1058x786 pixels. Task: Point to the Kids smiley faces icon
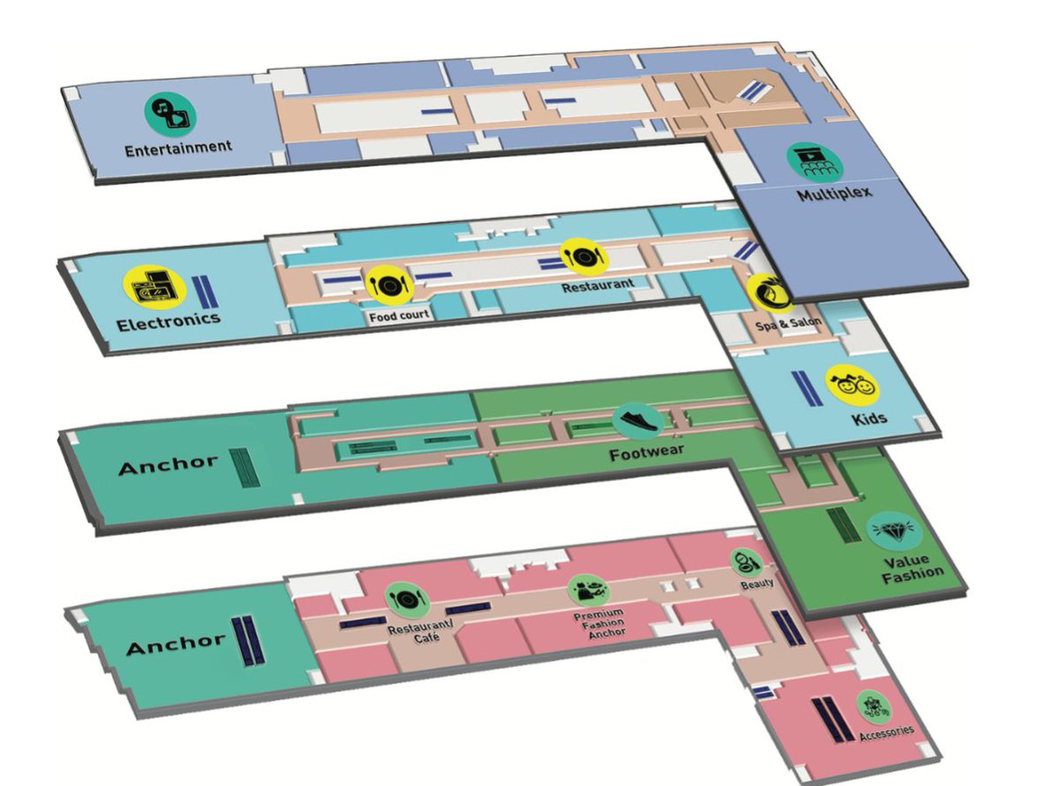click(851, 384)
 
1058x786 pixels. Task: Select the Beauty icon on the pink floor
click(741, 560)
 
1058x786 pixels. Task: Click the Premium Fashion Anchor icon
click(587, 589)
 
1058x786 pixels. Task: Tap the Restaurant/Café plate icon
click(406, 599)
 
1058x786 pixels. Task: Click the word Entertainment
click(177, 147)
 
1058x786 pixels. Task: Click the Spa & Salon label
click(787, 323)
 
